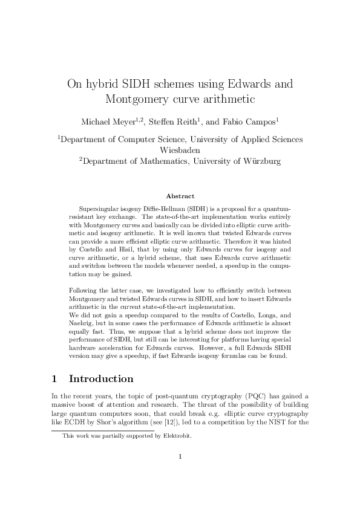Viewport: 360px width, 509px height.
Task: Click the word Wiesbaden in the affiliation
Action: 180,150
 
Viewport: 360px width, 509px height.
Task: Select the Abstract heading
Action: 180,196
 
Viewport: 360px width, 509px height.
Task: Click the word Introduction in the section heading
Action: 101,380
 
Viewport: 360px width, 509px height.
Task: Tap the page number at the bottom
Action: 180,473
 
